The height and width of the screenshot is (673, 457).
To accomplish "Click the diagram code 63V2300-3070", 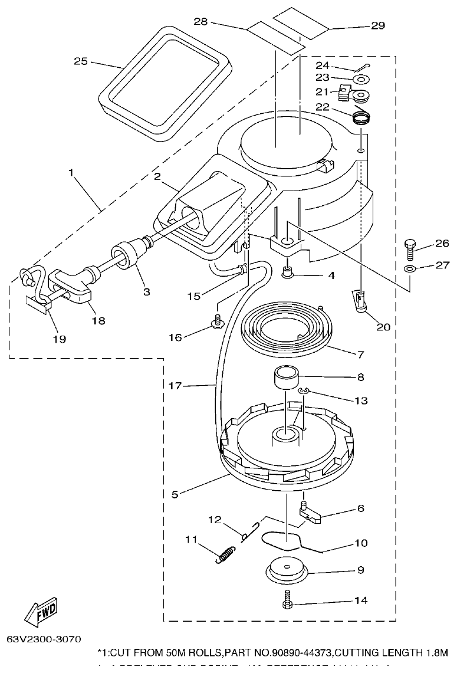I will pos(44,639).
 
